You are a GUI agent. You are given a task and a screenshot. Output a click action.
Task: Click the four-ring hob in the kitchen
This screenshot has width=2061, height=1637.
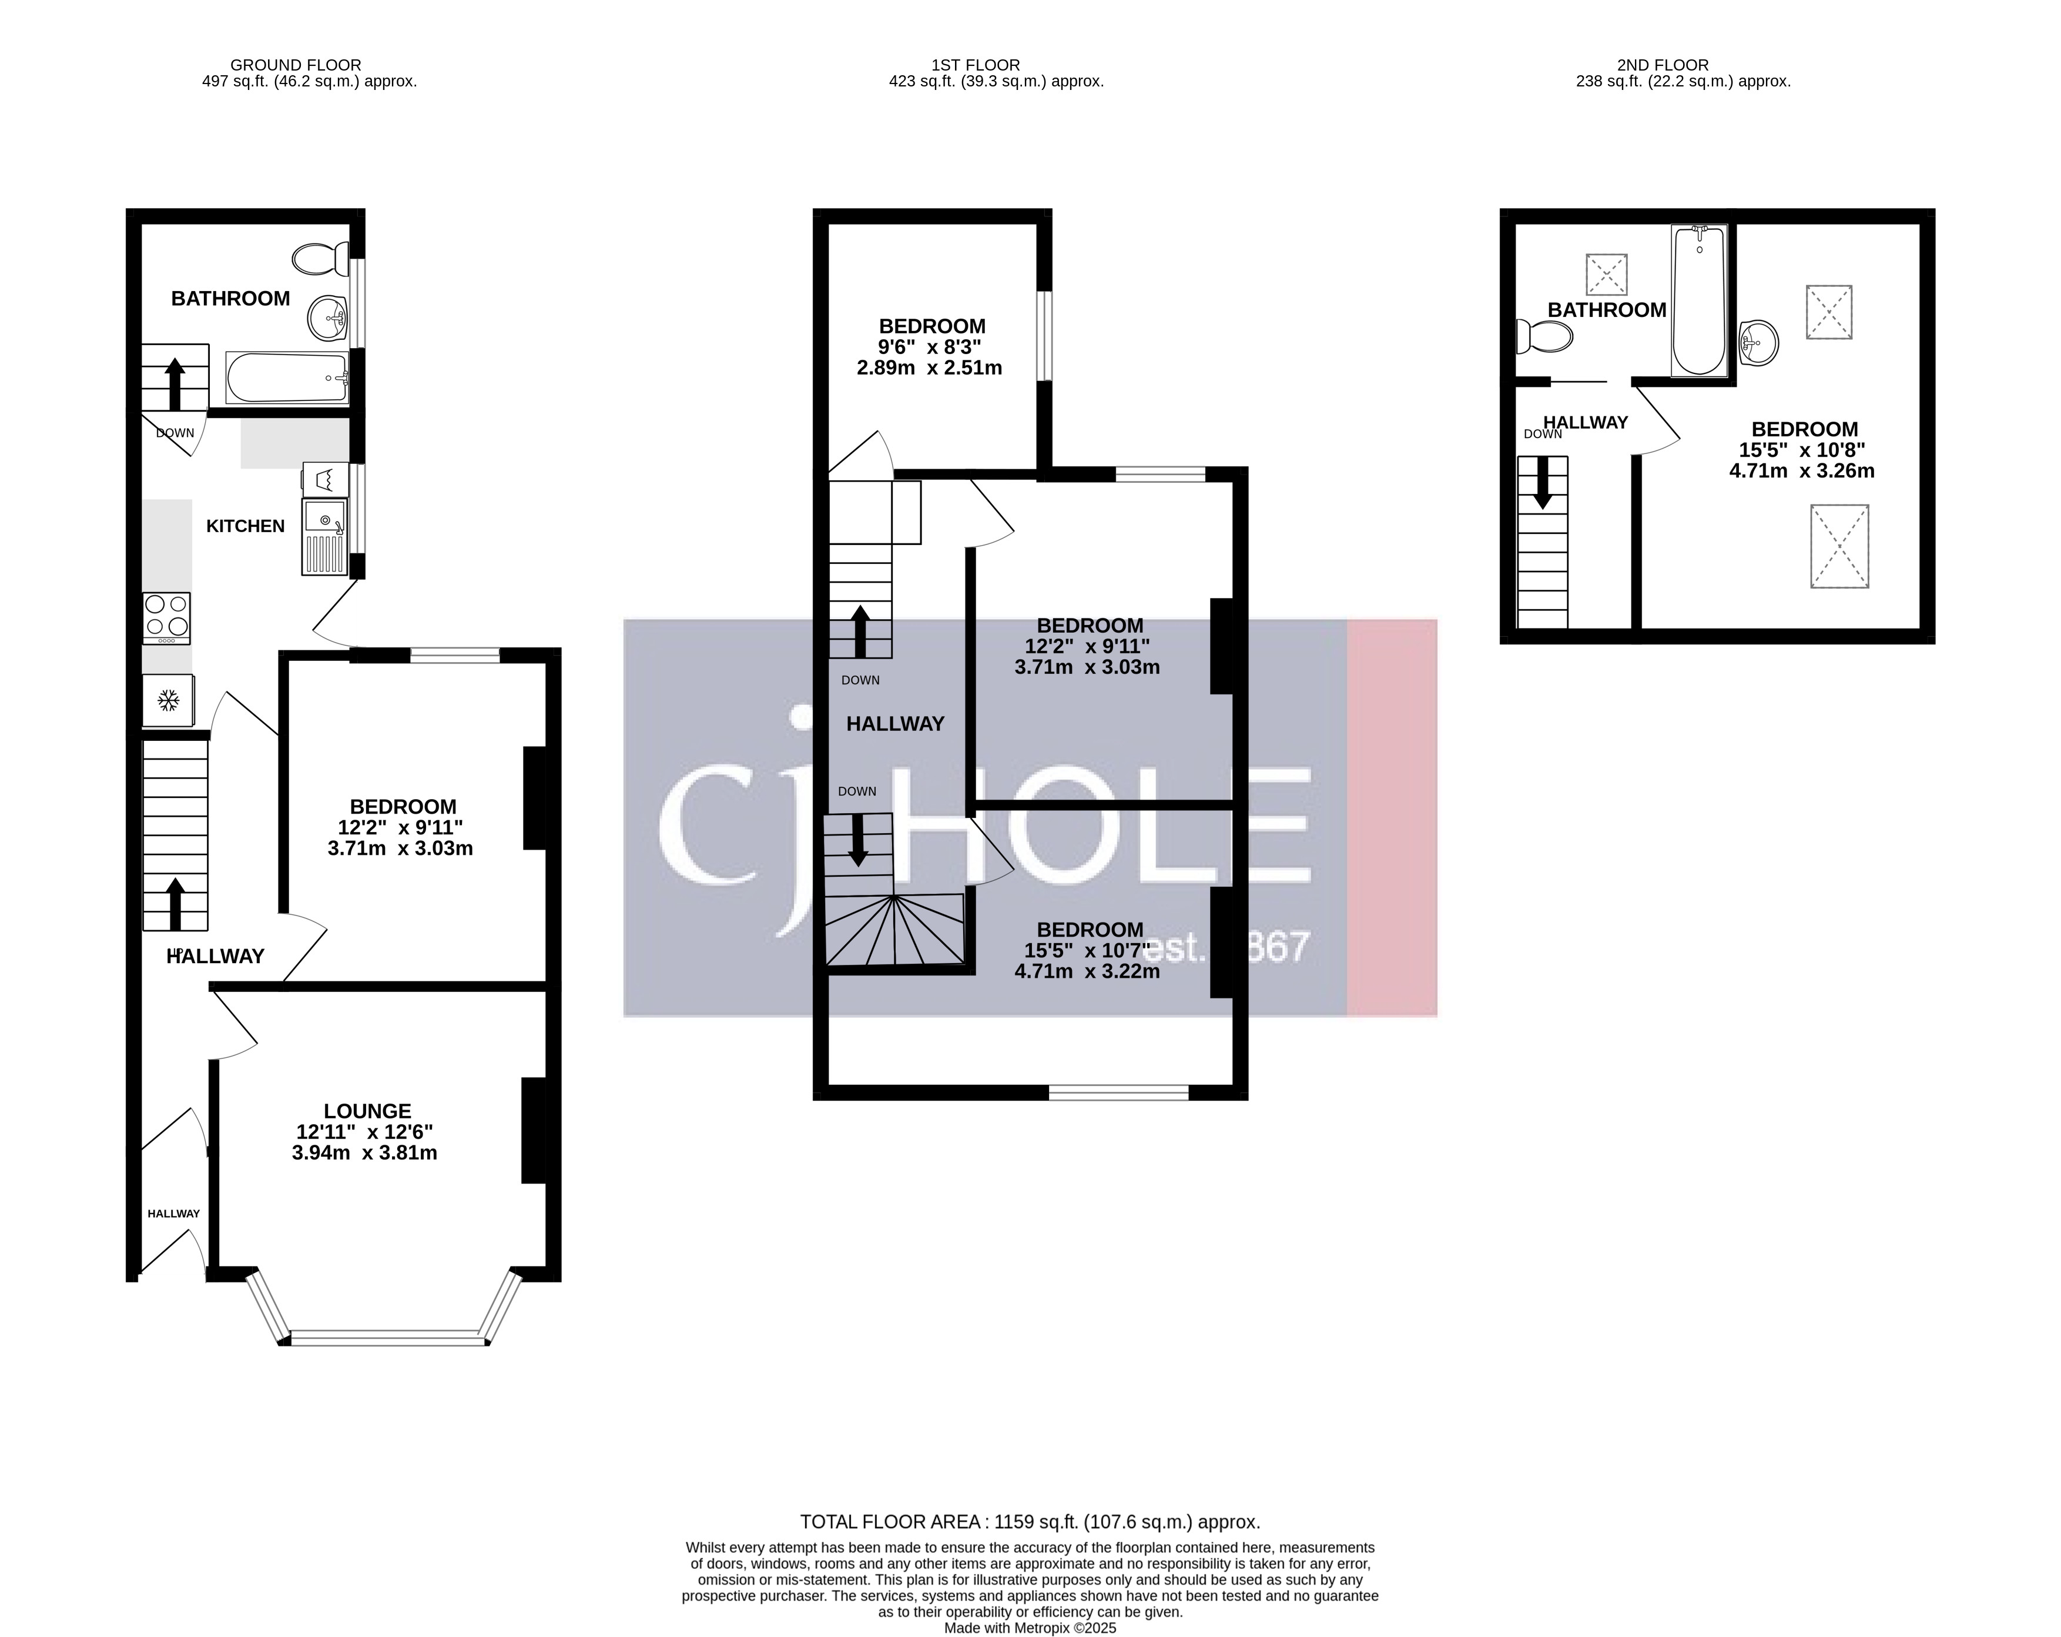pos(166,618)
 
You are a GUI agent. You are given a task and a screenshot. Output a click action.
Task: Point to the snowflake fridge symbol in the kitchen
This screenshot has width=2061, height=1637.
pos(168,701)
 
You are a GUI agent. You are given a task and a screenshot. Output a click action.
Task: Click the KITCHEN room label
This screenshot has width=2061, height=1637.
pos(246,526)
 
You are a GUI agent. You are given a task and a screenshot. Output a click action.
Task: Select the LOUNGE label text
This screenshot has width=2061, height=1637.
pos(367,1111)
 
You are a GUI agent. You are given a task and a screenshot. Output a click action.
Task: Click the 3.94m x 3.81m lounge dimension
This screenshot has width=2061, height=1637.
pos(364,1153)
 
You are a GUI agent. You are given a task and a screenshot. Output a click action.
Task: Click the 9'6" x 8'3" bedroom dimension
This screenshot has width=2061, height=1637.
pos(931,347)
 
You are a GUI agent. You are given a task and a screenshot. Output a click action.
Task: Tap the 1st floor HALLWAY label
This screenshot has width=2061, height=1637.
pos(895,724)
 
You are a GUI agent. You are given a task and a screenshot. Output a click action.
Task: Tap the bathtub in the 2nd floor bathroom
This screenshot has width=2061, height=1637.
pos(1699,300)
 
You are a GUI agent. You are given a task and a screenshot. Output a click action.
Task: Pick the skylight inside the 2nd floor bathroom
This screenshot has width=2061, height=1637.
pos(1606,273)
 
